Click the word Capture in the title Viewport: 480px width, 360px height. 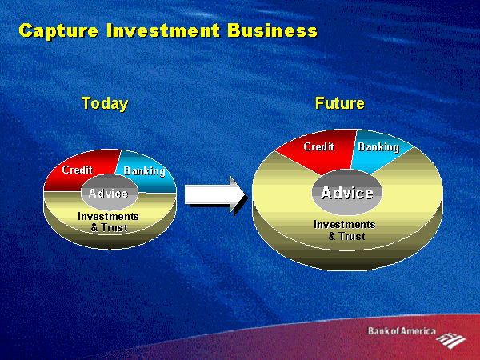click(x=58, y=30)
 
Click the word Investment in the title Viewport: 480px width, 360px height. click(x=163, y=30)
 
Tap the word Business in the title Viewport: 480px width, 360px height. click(x=273, y=30)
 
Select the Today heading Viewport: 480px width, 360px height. click(x=105, y=104)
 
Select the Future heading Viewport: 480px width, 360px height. click(x=340, y=103)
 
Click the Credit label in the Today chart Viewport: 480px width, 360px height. click(x=77, y=170)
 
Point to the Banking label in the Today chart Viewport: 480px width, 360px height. click(x=144, y=171)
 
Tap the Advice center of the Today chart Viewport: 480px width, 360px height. click(x=110, y=193)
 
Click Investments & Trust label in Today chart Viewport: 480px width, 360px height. click(x=108, y=222)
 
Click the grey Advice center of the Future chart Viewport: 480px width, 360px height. click(x=347, y=192)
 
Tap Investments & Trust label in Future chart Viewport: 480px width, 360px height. click(x=345, y=230)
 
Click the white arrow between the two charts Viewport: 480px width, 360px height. click(x=215, y=195)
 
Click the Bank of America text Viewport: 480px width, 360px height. click(x=402, y=331)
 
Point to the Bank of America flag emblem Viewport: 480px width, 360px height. click(x=450, y=340)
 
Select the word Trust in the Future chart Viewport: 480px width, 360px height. click(x=352, y=236)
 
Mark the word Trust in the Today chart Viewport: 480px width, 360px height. click(x=114, y=228)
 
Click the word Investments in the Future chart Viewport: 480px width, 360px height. click(x=345, y=224)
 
